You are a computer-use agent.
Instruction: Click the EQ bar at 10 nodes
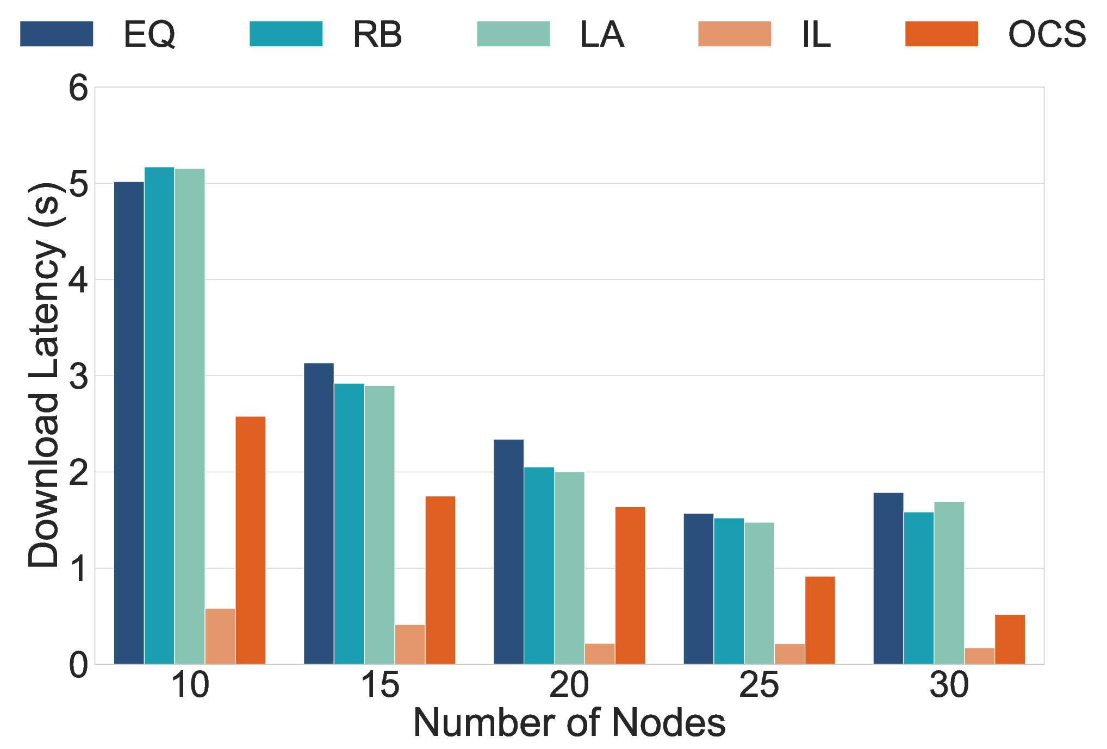coord(129,423)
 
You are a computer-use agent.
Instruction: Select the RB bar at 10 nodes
coord(159,415)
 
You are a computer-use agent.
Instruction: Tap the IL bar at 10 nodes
coord(220,636)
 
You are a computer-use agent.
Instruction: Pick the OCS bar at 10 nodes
coord(251,540)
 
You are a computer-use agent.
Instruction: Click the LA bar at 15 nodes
coord(380,525)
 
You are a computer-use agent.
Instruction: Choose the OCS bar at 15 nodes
coord(440,580)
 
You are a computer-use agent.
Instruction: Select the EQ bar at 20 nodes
coord(509,552)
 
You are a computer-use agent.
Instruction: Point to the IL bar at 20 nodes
coord(600,654)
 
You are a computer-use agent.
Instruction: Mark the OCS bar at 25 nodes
coord(820,620)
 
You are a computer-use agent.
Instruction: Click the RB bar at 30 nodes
coord(919,588)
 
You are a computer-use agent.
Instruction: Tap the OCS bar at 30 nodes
coord(1010,639)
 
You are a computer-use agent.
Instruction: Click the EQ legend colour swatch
coord(57,34)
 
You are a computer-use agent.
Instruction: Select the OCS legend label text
coord(1047,34)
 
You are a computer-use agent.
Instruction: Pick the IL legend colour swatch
coord(735,34)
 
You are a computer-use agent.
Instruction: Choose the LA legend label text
coord(602,34)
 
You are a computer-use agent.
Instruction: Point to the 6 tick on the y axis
coord(78,88)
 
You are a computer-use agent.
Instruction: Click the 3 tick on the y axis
coord(78,376)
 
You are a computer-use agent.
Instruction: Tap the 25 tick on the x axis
coord(759,685)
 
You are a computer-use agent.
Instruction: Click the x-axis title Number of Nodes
coord(569,723)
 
